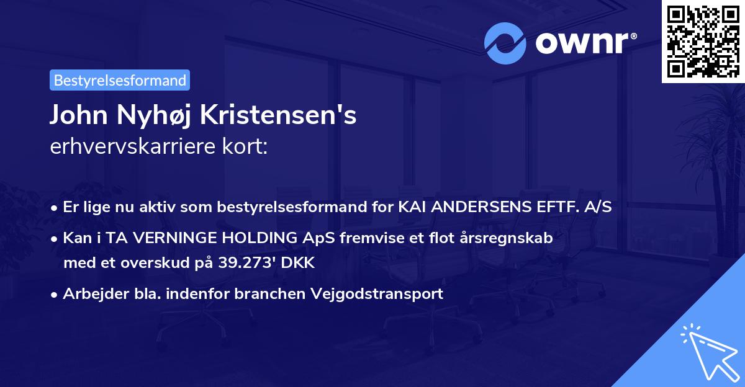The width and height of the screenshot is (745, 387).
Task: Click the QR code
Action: tap(702, 41)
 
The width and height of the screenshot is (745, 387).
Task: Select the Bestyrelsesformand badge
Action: tap(120, 80)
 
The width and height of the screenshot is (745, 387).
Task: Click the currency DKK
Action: tap(299, 262)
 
